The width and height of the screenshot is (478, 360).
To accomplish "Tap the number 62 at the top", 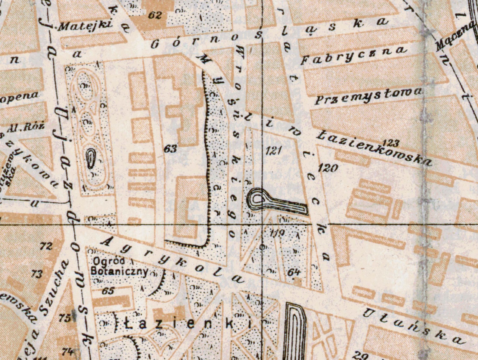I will point(155,15).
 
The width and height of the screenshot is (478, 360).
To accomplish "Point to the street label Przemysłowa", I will point(368,95).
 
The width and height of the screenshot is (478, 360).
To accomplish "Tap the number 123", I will point(391,142).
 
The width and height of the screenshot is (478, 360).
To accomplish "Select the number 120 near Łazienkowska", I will point(328,168).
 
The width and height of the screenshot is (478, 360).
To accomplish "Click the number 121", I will point(274,150).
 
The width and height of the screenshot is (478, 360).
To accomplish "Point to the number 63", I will point(170,148).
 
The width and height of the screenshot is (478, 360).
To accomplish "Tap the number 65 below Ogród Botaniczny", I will point(108,291).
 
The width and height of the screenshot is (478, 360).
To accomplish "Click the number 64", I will point(293,272).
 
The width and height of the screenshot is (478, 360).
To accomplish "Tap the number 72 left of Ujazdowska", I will point(46,246).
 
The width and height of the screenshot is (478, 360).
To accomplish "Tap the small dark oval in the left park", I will point(90,158).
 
